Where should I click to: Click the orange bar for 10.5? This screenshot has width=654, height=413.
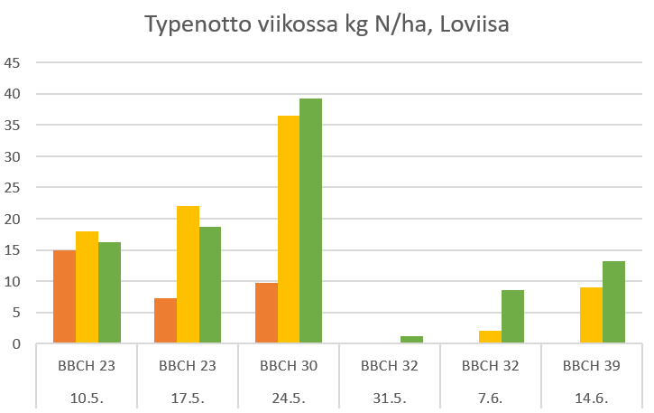[x=65, y=296]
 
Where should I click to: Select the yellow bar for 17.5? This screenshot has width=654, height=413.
[x=188, y=275]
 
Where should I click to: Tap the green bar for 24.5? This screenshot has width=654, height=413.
[x=310, y=221]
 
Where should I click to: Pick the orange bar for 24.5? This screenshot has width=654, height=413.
[x=266, y=313]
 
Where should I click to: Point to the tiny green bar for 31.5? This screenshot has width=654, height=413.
[x=411, y=340]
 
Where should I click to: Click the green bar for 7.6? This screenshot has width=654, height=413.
[x=512, y=316]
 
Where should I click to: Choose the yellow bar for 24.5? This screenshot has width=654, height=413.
[x=289, y=230]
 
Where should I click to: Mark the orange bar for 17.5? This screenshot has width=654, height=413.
[x=165, y=321]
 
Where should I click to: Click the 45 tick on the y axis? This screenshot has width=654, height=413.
[x=13, y=62]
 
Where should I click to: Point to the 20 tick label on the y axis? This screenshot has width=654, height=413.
[x=13, y=219]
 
